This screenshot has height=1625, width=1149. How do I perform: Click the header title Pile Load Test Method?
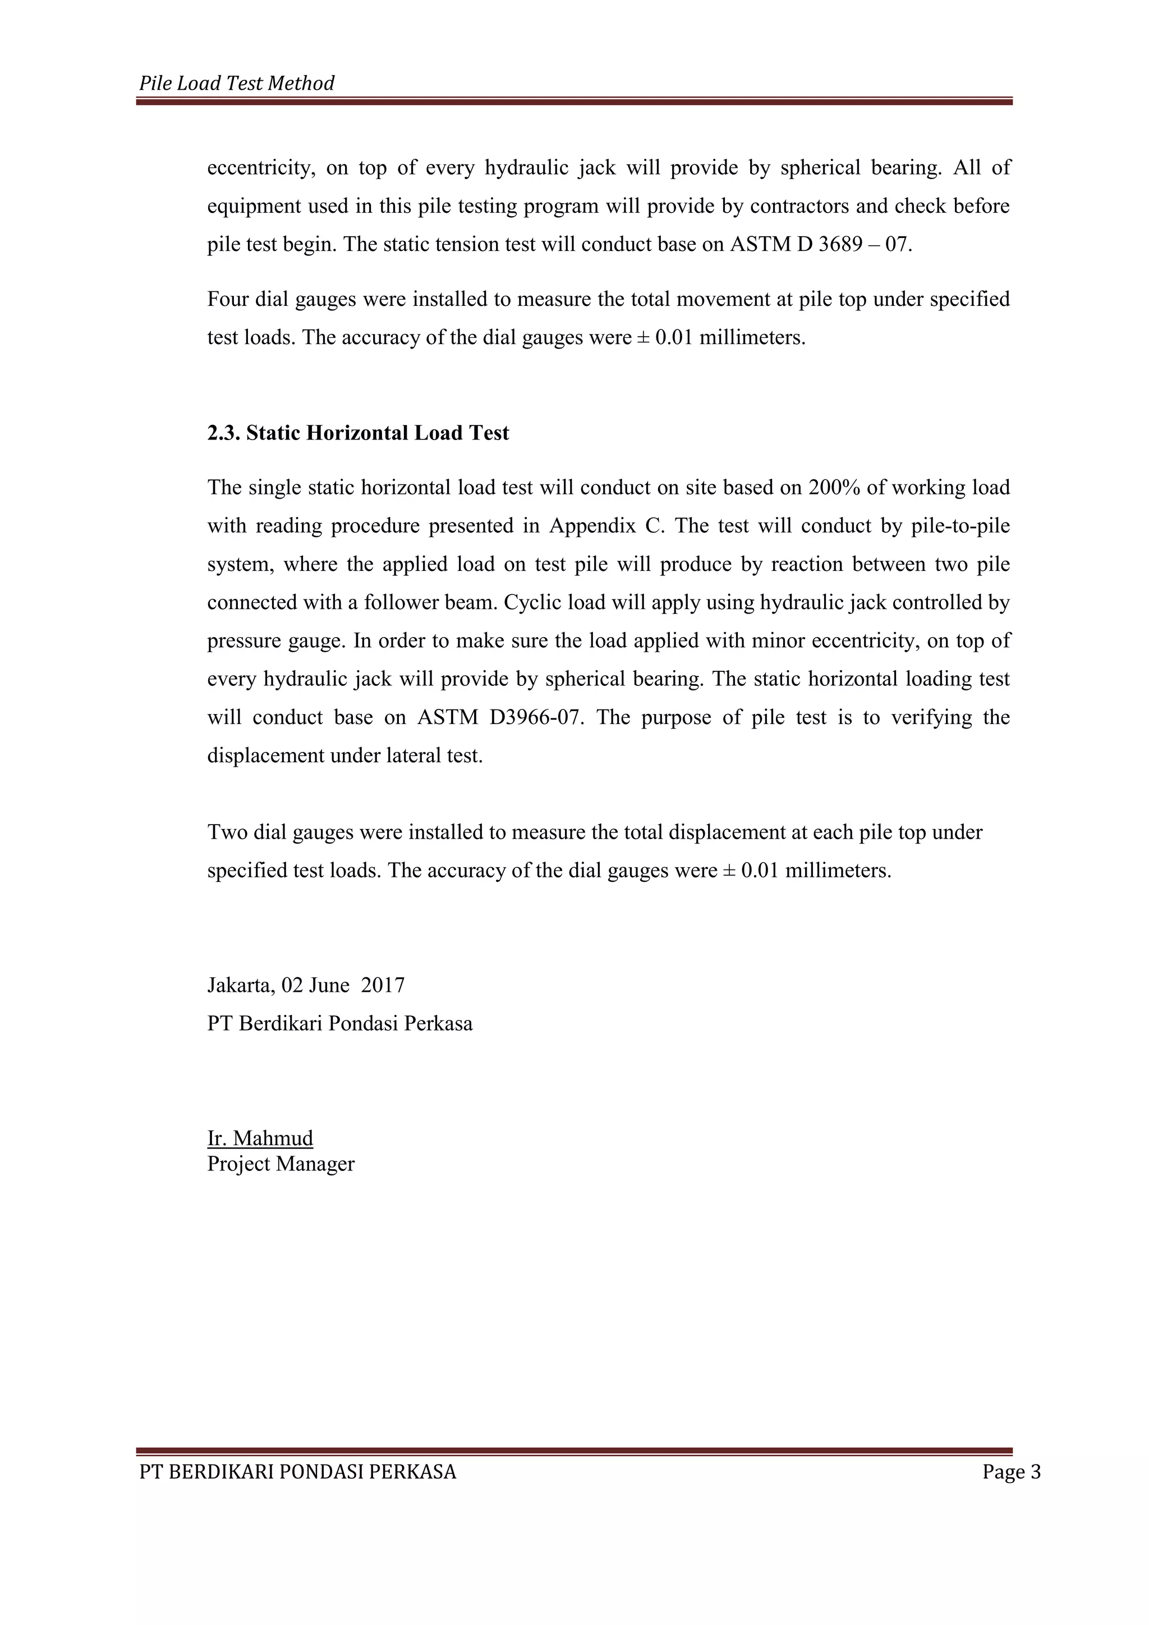[x=236, y=84]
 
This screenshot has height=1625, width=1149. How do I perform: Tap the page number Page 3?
[x=1011, y=1472]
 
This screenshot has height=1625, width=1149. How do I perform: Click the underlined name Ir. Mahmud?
[x=260, y=1138]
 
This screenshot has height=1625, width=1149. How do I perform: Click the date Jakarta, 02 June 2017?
[x=306, y=985]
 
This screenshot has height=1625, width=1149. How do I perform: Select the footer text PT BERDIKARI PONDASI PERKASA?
[x=298, y=1472]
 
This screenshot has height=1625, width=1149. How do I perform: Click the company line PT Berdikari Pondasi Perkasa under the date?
[x=339, y=1023]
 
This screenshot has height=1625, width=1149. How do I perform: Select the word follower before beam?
[x=402, y=602]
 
